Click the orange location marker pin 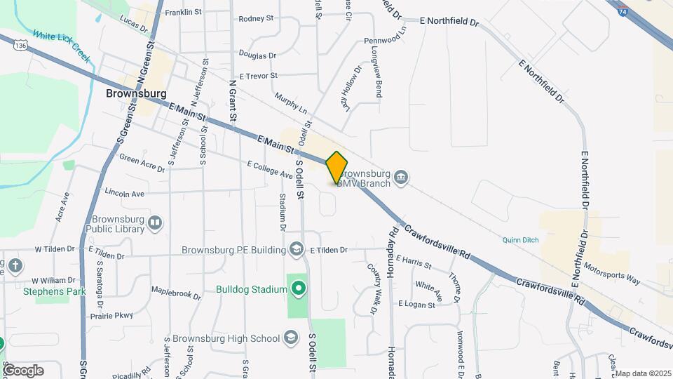point(337,168)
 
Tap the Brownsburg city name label point(136,93)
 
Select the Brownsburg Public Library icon point(155,223)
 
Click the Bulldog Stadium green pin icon point(299,288)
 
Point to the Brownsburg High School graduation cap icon point(290,338)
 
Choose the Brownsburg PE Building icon point(297,249)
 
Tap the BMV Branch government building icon point(401,176)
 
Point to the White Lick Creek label point(62,46)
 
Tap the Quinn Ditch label point(520,240)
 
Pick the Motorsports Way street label point(611,274)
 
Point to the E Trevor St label point(259,76)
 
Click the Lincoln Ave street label point(124,192)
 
